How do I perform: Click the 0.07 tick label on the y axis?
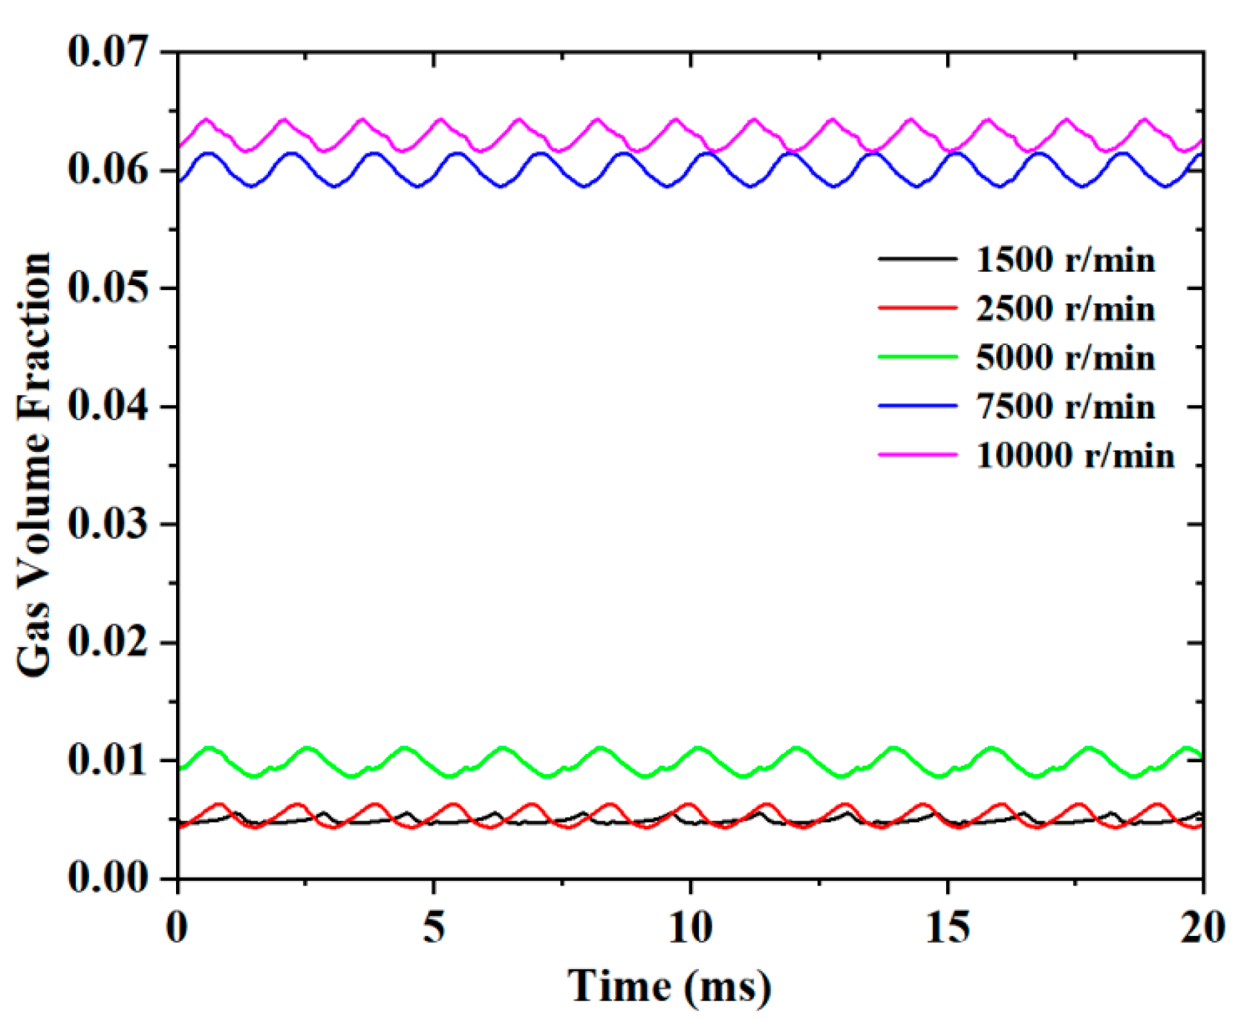(108, 52)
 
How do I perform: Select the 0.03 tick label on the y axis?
(108, 523)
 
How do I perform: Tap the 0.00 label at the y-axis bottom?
(108, 877)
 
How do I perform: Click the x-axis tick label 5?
(434, 927)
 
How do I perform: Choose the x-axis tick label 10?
(690, 927)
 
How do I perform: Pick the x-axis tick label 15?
(947, 927)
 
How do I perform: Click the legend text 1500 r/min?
(1065, 260)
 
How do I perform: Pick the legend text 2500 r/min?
(1065, 309)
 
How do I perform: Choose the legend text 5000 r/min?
(1065, 358)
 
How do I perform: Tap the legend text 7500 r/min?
(1065, 407)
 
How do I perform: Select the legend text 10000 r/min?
(1075, 455)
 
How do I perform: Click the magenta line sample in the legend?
(917, 454)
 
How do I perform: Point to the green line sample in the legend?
(917, 357)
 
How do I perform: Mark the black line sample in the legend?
(917, 259)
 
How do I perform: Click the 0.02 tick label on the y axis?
(108, 641)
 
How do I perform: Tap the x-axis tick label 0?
(177, 927)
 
